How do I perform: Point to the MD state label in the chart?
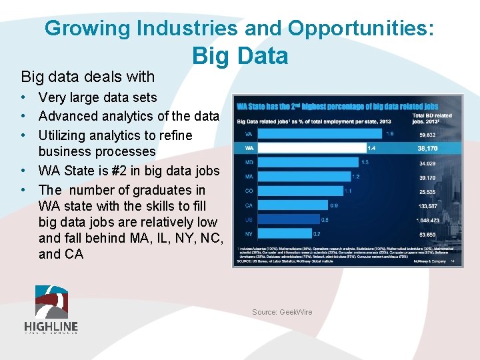click(249, 162)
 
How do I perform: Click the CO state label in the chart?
click(249, 191)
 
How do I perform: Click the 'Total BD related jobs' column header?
click(433, 119)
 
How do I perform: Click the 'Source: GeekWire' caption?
click(281, 312)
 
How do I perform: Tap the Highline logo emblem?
click(51, 301)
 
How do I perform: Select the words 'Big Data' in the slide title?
click(240, 56)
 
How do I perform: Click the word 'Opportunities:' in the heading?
click(361, 28)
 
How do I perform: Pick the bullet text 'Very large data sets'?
click(98, 98)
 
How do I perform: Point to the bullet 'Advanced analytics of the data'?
click(129, 116)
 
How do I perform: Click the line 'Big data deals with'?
click(87, 77)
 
